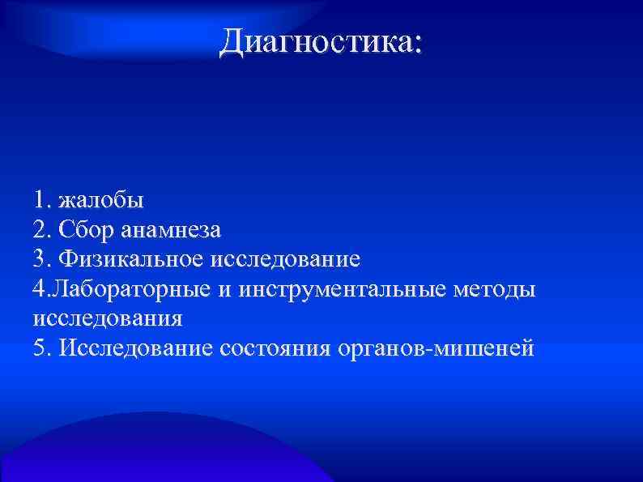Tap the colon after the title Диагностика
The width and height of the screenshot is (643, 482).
pyautogui.click(x=417, y=45)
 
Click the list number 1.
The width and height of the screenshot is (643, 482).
pyautogui.click(x=40, y=199)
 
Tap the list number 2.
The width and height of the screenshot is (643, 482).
pyautogui.click(x=41, y=229)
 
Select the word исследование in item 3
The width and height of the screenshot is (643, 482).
pyautogui.click(x=285, y=259)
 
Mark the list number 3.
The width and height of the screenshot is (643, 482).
pyautogui.click(x=41, y=259)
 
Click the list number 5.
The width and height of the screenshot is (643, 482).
pyautogui.click(x=41, y=348)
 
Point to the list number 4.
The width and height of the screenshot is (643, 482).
pyautogui.click(x=41, y=289)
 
